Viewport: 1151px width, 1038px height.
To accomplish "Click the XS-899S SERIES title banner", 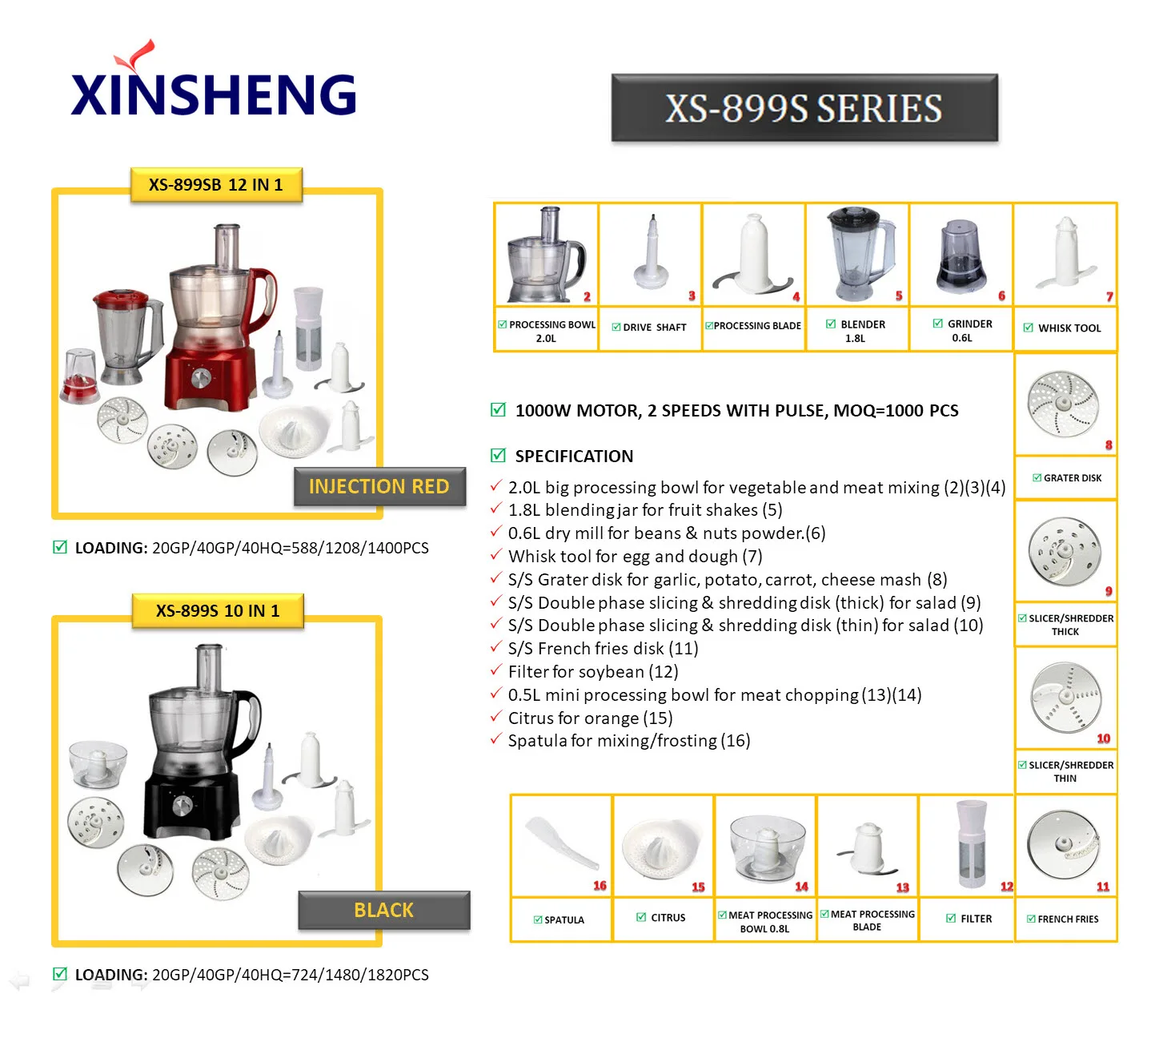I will [x=804, y=108].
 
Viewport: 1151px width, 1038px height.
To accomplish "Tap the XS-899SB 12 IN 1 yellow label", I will [x=216, y=185].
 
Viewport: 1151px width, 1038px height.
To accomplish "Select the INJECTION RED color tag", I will [x=379, y=486].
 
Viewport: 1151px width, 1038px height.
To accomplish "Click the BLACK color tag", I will [x=384, y=910].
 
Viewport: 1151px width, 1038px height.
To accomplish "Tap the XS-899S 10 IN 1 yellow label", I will [x=218, y=611].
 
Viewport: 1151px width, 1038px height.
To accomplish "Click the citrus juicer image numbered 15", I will [x=660, y=847].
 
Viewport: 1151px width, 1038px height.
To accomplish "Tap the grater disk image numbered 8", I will [x=1063, y=402].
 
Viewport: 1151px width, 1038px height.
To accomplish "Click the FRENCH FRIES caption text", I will [x=1068, y=919].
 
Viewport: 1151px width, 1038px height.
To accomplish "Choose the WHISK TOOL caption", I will [x=1069, y=328].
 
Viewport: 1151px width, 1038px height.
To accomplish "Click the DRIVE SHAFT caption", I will [x=654, y=328].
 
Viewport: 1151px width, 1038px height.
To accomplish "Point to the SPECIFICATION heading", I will [x=574, y=457].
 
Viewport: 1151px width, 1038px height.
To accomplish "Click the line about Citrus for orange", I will [x=590, y=718].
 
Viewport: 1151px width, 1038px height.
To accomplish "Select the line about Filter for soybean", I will [x=592, y=672].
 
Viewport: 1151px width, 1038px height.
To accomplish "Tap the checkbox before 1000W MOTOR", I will [x=498, y=410].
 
